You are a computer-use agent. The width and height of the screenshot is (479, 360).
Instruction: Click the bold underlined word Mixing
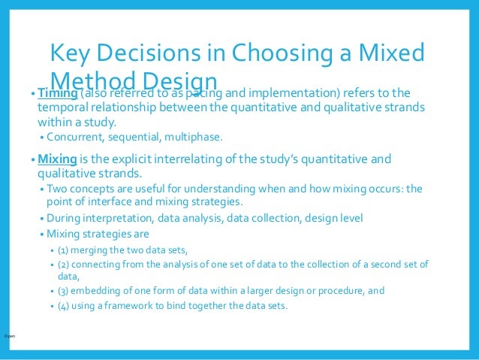pyautogui.click(x=58, y=159)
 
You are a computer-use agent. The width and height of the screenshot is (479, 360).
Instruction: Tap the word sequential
pyautogui.click(x=140, y=138)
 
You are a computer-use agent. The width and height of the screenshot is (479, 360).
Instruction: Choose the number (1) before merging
pyautogui.click(x=64, y=250)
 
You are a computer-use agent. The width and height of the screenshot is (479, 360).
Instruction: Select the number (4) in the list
pyautogui.click(x=64, y=306)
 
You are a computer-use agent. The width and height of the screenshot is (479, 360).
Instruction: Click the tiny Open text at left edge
pyautogui.click(x=9, y=335)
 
